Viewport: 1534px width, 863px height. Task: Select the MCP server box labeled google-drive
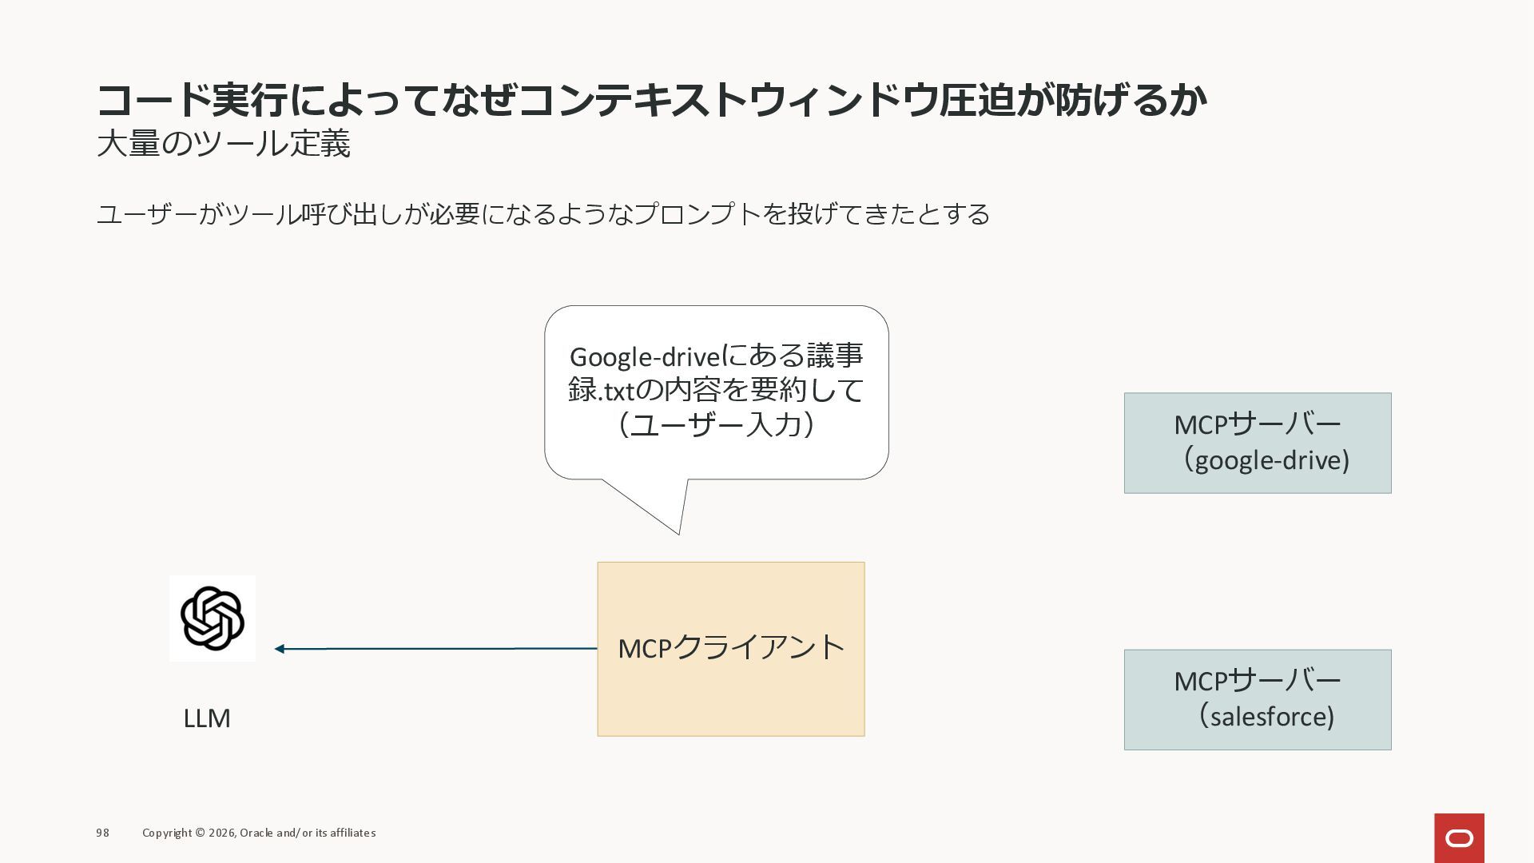point(1257,443)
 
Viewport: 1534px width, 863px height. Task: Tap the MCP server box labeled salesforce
point(1257,699)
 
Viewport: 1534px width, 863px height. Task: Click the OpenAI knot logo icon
point(212,618)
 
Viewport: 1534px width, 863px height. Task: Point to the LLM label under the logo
point(207,718)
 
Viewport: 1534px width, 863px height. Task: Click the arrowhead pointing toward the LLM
point(280,649)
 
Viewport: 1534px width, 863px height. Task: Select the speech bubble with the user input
point(716,392)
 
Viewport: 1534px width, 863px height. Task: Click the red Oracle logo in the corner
point(1459,838)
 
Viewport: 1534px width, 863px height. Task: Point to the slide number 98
point(102,833)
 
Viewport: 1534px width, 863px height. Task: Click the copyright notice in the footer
point(259,833)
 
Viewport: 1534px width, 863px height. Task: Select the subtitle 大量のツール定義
point(224,144)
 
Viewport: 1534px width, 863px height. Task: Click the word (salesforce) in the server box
point(1266,717)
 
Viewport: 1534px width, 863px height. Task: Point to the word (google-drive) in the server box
point(1266,460)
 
